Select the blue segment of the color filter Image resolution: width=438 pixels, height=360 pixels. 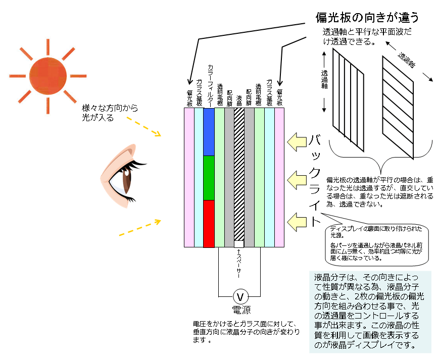209,132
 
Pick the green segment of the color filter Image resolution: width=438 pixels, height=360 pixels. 209,178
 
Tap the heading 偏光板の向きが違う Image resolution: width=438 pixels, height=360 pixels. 367,18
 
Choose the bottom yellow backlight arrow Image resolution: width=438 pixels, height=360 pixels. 298,221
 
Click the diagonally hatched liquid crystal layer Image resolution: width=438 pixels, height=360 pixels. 239,174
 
